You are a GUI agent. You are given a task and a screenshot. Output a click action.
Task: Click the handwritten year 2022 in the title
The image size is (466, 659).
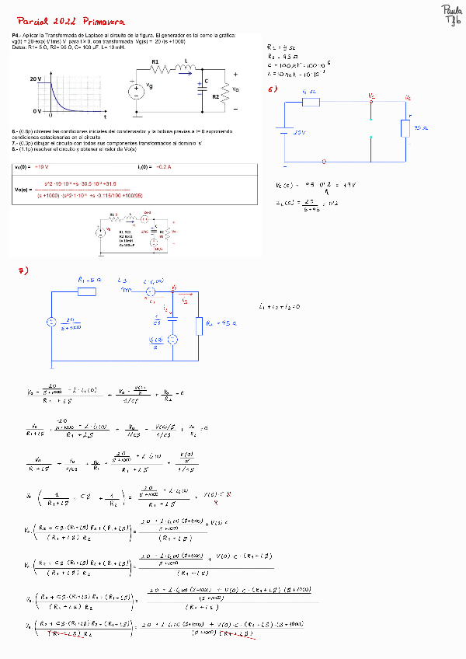(x=65, y=22)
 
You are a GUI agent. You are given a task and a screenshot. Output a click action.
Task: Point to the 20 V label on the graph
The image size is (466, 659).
(x=36, y=79)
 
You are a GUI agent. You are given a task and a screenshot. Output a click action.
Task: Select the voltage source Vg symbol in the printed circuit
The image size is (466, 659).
(x=136, y=91)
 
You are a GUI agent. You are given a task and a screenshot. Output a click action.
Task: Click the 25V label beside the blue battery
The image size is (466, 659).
(x=299, y=133)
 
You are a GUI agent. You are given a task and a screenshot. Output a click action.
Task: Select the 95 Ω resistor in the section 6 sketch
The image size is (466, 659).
(x=405, y=127)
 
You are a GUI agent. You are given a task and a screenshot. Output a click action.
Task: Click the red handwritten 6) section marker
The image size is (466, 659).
(x=273, y=89)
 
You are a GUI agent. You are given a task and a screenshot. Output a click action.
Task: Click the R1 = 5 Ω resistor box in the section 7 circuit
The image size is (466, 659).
(x=87, y=291)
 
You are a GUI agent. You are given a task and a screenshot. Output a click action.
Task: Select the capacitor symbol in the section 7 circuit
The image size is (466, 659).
(x=173, y=316)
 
